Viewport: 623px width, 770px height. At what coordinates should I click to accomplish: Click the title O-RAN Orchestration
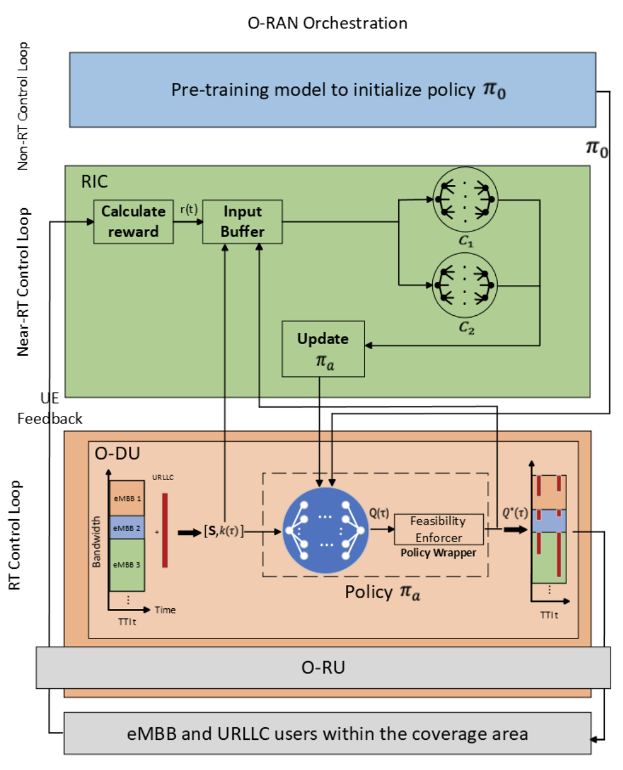[x=327, y=24]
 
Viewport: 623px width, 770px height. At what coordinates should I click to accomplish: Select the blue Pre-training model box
[x=332, y=90]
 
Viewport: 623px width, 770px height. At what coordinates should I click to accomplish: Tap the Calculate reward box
[x=133, y=221]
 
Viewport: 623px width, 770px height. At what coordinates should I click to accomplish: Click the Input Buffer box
[x=242, y=221]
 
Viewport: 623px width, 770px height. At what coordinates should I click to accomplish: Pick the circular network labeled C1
[x=466, y=199]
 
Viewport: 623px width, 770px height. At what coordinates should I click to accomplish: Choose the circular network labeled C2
[x=466, y=286]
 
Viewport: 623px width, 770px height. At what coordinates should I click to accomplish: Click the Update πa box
[x=323, y=349]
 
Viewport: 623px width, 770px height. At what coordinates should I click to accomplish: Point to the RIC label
[x=94, y=182]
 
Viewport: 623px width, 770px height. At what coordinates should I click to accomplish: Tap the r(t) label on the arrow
[x=188, y=210]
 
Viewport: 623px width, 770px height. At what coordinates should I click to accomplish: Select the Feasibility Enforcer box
[x=439, y=529]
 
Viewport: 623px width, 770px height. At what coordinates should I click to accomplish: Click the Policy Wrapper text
[x=439, y=553]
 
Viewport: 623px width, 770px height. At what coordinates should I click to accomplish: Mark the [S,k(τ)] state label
[x=223, y=532]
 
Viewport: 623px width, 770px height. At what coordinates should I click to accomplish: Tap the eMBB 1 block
[x=127, y=498]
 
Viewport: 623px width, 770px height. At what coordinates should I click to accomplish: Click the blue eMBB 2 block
[x=127, y=528]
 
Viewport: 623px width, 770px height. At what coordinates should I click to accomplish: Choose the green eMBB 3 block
[x=127, y=565]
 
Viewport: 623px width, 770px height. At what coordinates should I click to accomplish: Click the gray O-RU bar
[x=323, y=667]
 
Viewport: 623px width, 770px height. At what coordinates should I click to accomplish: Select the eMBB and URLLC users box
[x=327, y=734]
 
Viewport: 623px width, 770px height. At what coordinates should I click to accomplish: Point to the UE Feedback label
[x=50, y=409]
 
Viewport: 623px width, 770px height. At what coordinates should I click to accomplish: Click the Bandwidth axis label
[x=97, y=542]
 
